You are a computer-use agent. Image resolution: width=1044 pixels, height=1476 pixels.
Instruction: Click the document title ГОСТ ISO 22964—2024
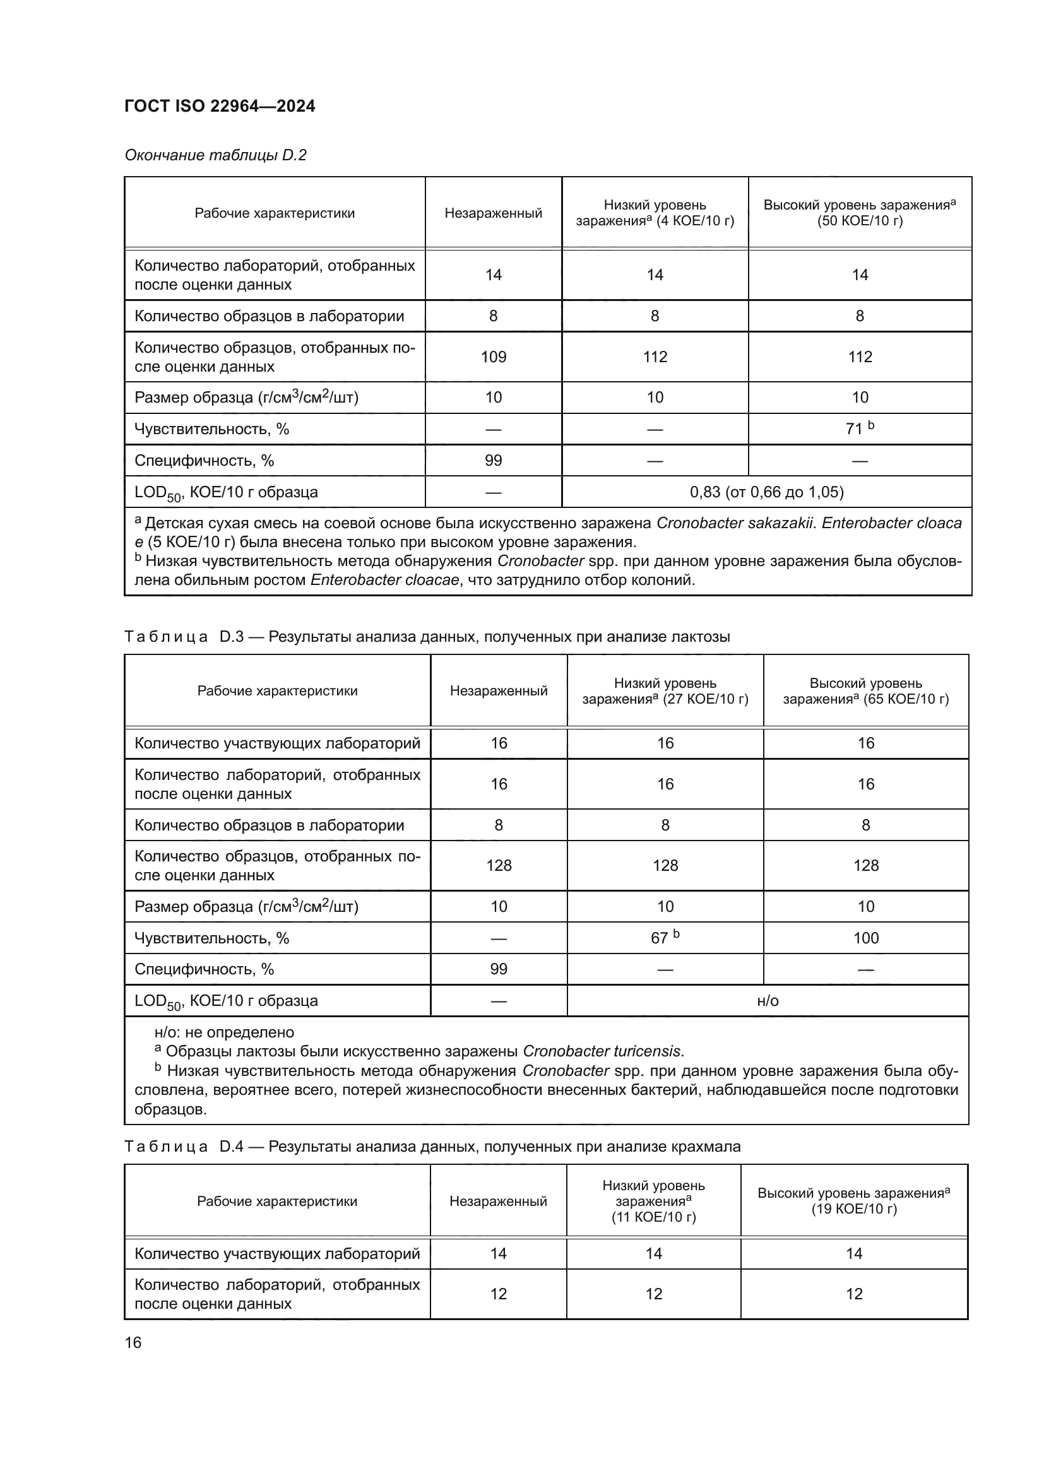tap(219, 106)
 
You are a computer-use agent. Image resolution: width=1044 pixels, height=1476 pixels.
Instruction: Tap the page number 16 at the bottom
tap(133, 1342)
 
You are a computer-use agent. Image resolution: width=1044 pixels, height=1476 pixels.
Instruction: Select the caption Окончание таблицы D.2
tap(215, 155)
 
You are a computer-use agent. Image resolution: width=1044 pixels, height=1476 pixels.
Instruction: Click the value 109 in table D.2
tap(493, 357)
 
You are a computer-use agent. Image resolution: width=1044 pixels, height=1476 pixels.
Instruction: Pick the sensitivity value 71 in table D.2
tap(855, 428)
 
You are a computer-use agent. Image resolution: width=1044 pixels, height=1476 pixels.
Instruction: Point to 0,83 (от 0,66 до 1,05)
tap(766, 492)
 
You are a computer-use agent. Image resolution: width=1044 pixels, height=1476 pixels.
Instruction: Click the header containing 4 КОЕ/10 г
tap(655, 213)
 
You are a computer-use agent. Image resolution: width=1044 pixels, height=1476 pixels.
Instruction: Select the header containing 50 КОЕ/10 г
tap(860, 213)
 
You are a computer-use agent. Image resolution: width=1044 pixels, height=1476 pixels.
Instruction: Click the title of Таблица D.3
tap(427, 637)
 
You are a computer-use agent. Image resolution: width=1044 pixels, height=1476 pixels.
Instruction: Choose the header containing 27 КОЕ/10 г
tap(665, 691)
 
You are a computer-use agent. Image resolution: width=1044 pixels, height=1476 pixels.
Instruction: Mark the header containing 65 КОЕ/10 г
tap(865, 691)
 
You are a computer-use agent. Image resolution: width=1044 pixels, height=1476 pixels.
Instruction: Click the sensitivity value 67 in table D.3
tap(660, 938)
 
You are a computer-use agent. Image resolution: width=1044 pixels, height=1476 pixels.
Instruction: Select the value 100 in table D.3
tap(865, 938)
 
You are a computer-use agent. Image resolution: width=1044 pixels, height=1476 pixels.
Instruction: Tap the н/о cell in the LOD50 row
tap(768, 1001)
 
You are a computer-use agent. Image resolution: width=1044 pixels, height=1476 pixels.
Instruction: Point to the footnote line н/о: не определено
tap(223, 1032)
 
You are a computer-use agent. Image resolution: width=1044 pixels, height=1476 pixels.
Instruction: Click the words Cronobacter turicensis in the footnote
tap(602, 1052)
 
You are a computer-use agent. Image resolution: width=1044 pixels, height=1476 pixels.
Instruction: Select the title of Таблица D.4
tap(432, 1147)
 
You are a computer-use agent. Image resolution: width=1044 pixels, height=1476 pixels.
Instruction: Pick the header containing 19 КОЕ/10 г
tap(853, 1201)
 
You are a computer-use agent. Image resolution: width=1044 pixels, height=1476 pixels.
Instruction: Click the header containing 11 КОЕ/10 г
tap(653, 1201)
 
